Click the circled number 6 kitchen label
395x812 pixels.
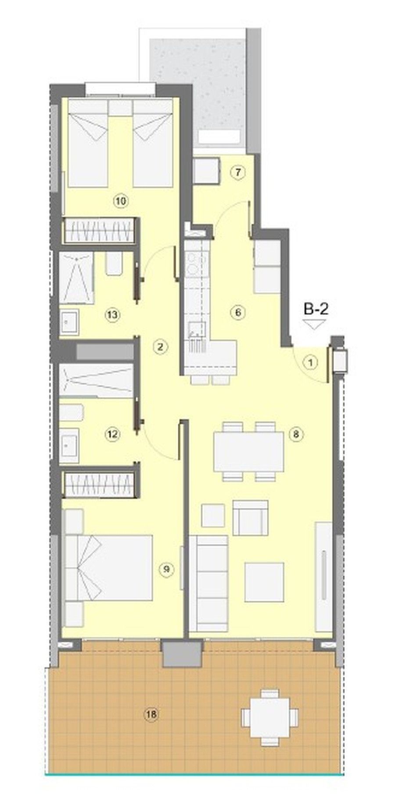pyautogui.click(x=237, y=313)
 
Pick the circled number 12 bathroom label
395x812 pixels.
pyautogui.click(x=112, y=435)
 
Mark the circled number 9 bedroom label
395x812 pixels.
pyautogui.click(x=167, y=569)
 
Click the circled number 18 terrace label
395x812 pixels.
pyautogui.click(x=151, y=715)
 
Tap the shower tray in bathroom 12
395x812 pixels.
pyautogui.click(x=97, y=380)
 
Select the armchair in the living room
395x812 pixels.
pyautogui.click(x=251, y=517)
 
